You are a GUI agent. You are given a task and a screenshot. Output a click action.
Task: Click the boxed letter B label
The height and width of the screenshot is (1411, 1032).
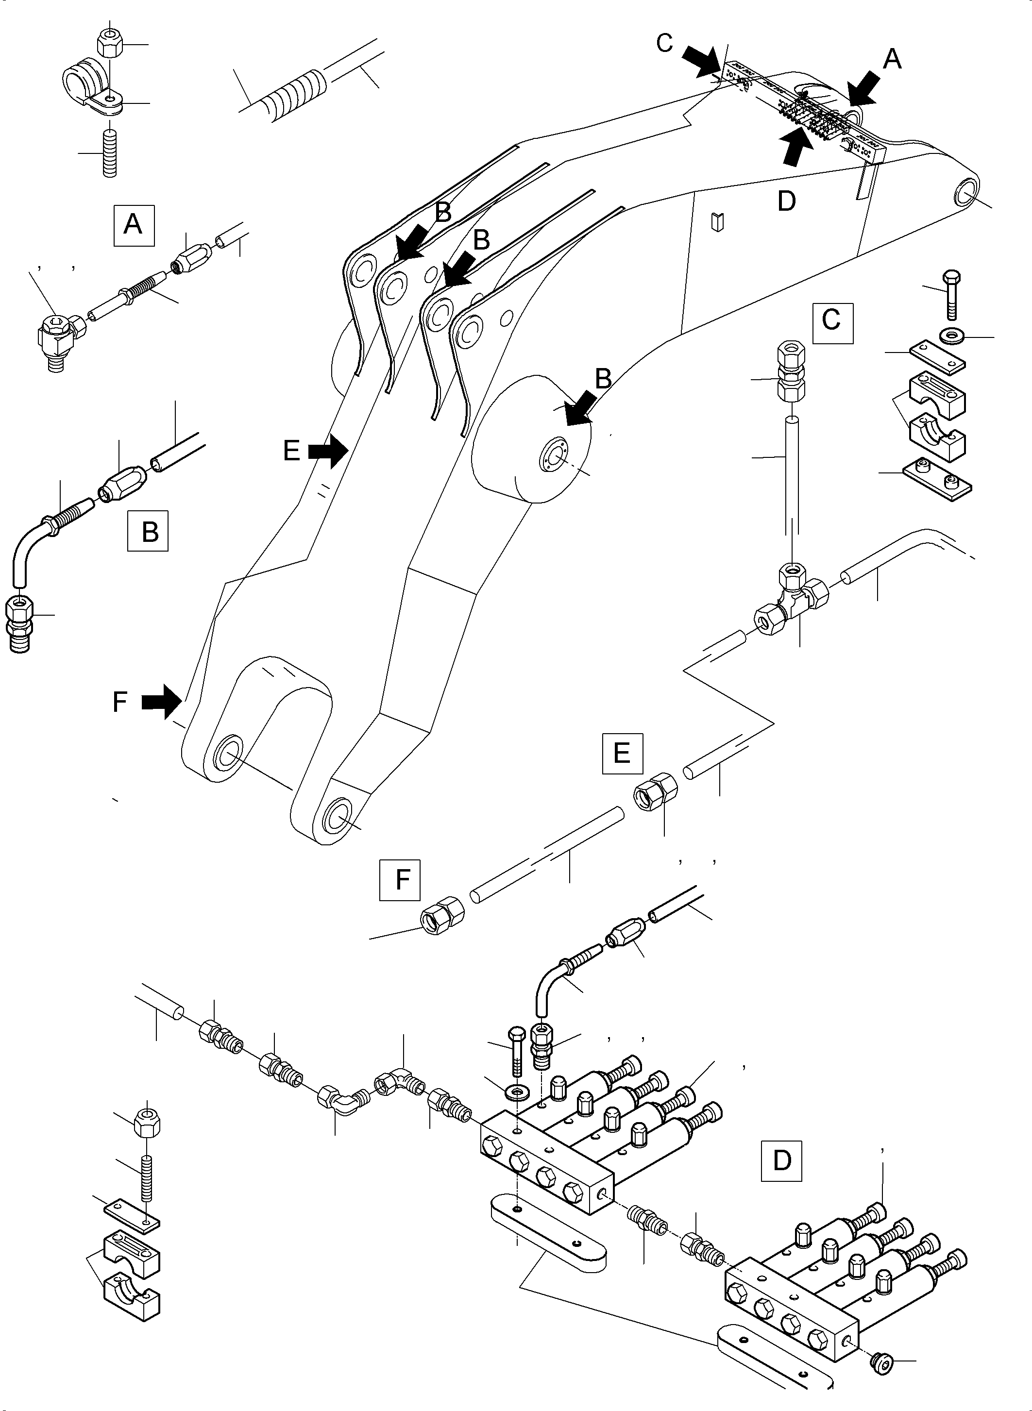click(148, 531)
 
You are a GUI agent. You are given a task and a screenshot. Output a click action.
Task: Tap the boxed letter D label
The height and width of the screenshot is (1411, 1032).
click(781, 1160)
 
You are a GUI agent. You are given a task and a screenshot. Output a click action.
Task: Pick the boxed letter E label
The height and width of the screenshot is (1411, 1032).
click(622, 754)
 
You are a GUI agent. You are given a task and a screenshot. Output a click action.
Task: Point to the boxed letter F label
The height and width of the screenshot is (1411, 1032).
click(400, 880)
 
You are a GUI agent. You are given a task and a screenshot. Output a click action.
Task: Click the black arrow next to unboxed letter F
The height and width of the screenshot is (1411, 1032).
click(161, 702)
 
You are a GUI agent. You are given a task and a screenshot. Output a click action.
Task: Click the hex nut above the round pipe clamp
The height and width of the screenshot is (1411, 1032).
click(111, 42)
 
